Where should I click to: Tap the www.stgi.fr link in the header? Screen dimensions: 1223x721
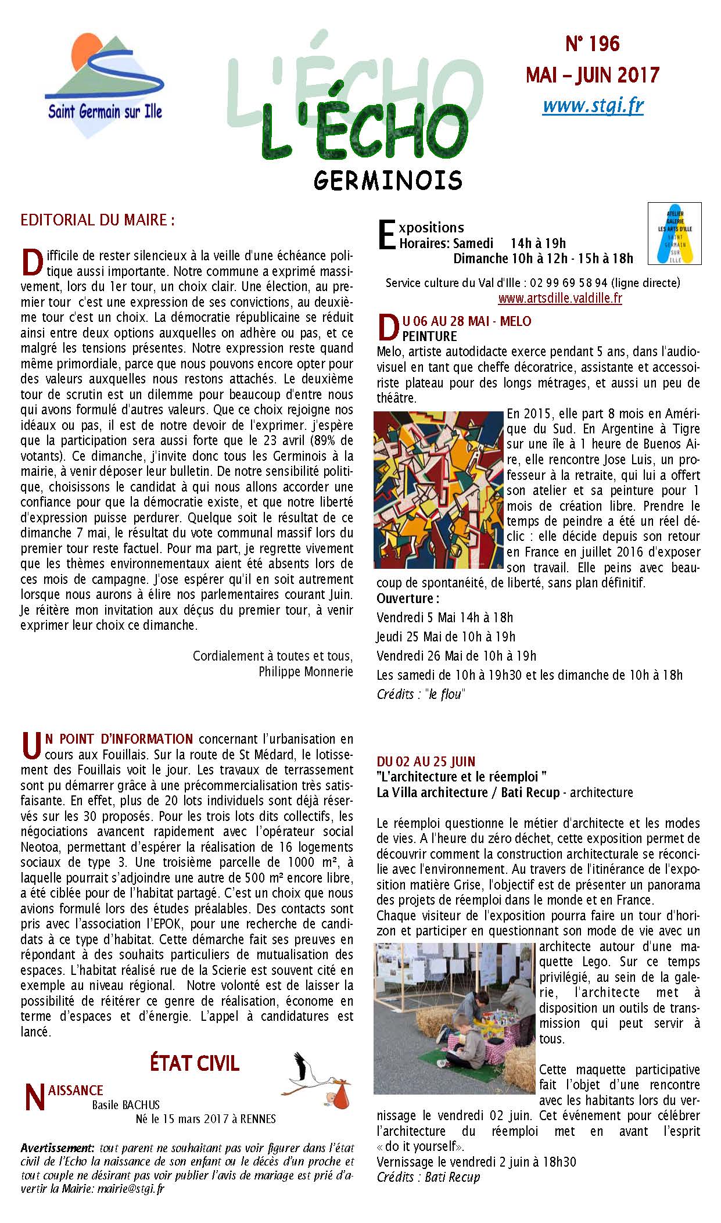[593, 105]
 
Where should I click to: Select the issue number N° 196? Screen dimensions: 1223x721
[592, 44]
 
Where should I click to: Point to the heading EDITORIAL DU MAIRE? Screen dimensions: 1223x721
[97, 221]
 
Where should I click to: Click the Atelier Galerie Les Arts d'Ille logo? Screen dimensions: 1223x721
[675, 233]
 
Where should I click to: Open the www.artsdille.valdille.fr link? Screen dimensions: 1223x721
[560, 299]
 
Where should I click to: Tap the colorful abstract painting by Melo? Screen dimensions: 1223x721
[439, 490]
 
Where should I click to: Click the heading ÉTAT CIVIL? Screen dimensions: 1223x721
[195, 1064]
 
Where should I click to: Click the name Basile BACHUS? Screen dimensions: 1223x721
[125, 1104]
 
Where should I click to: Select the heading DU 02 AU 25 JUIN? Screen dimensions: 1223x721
[426, 761]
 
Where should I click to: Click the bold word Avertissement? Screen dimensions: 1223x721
[58, 1149]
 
